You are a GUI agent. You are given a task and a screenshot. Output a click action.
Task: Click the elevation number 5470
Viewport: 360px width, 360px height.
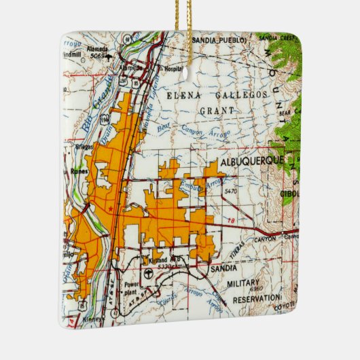(x=232, y=192)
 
